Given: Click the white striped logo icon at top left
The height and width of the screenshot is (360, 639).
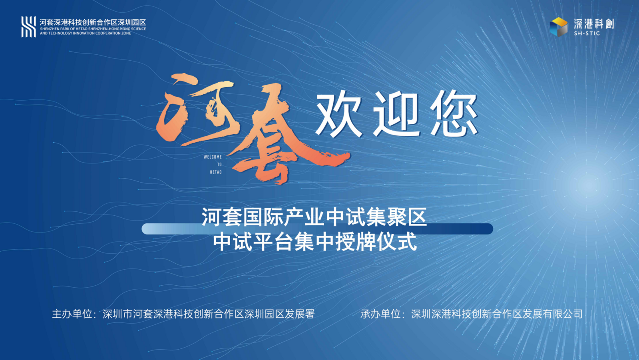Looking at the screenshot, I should coord(28,27).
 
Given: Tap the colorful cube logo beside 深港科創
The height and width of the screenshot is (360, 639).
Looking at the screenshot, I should coord(558,27).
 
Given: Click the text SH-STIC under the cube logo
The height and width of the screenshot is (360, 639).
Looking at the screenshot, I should coord(587,34).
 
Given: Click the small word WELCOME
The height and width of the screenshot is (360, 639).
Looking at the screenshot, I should coord(213,157).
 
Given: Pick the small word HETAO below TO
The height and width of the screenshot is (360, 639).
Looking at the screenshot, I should coord(216,172).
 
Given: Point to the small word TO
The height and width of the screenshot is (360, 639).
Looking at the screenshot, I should coord(219,165).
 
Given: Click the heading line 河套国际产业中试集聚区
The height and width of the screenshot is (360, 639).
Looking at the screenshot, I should coord(314,217).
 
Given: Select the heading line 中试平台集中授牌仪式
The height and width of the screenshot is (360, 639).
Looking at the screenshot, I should coord(315,242).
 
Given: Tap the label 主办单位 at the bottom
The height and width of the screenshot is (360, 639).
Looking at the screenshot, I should coord(72,314).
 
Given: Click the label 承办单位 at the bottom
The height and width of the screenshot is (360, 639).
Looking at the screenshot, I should coord(380,314).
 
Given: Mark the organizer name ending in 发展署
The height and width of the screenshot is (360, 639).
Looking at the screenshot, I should coord(209,314).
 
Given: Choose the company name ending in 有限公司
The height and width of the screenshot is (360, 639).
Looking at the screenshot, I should coord(497,314).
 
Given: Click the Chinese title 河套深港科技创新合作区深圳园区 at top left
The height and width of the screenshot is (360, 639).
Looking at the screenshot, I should coord(93,22).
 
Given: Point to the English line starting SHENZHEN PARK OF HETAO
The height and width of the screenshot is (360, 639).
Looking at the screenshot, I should coord(93,29).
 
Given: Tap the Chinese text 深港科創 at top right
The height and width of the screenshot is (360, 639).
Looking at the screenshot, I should coord(594,24).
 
